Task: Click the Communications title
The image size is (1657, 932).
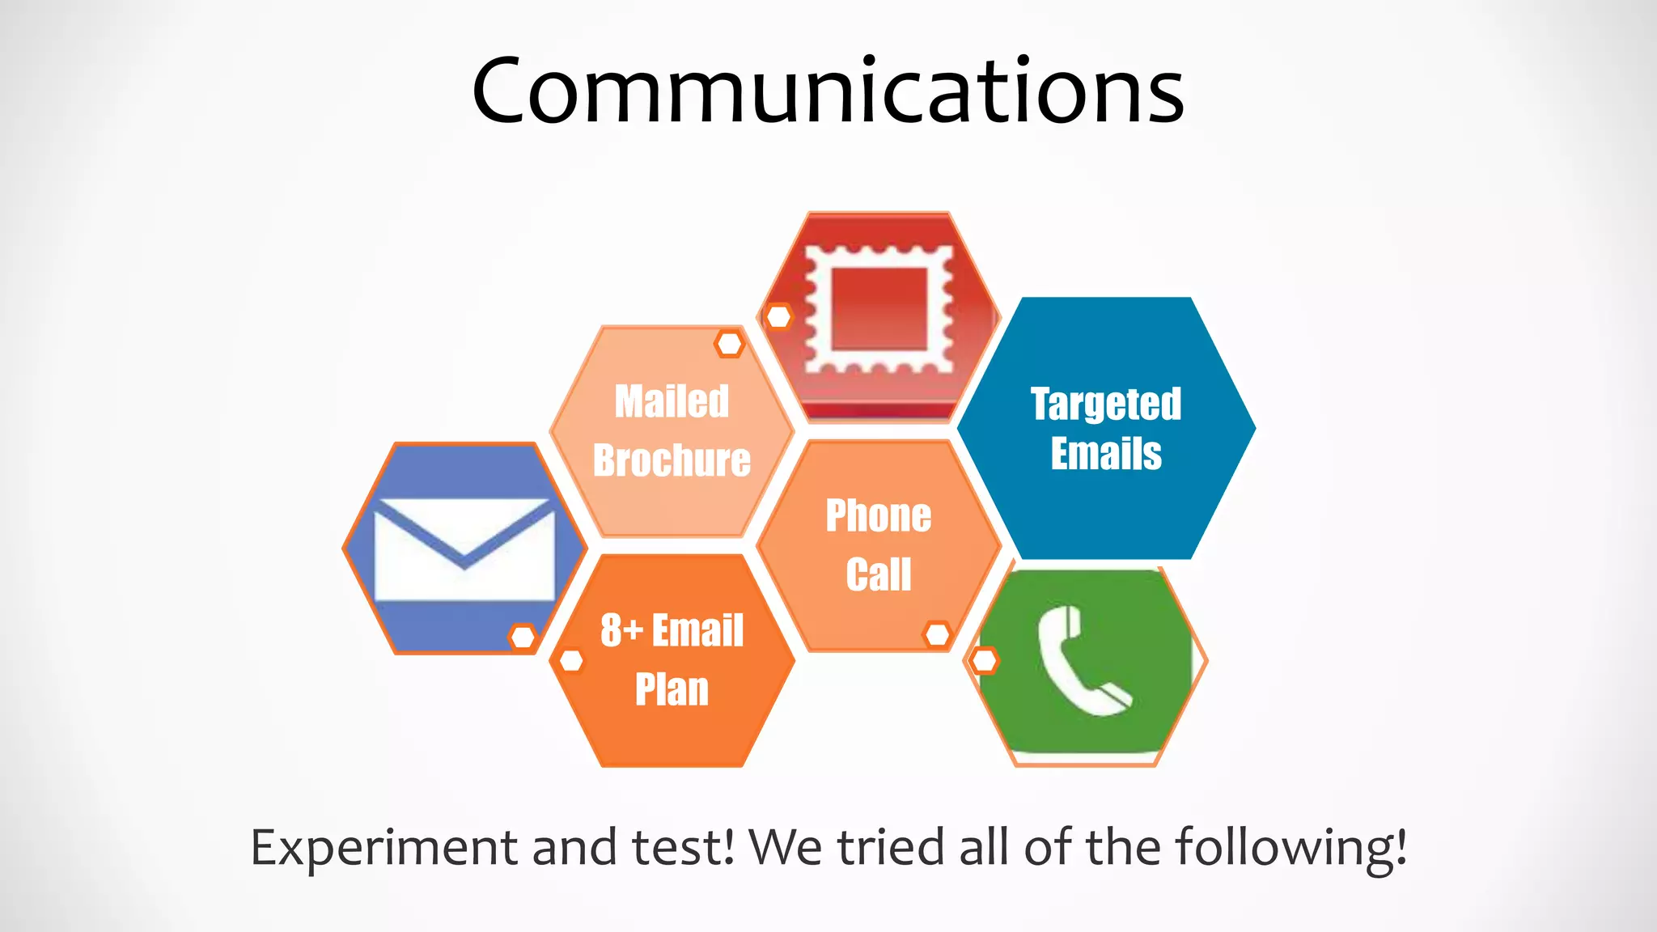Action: (x=828, y=91)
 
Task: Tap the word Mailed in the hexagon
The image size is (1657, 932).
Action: (x=672, y=402)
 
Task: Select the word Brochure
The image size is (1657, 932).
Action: (x=672, y=460)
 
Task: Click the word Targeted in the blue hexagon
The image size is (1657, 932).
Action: (x=1106, y=404)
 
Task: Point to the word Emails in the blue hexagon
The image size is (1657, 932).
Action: (x=1106, y=453)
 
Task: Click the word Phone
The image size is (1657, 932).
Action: (x=879, y=516)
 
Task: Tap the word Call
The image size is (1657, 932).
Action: (x=879, y=574)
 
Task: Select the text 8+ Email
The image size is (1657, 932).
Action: (x=672, y=630)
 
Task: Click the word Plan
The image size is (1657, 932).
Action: (x=672, y=689)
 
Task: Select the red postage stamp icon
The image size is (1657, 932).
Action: (x=879, y=310)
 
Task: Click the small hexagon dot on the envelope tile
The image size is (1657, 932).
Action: (x=523, y=637)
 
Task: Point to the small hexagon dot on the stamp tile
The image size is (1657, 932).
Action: (x=778, y=316)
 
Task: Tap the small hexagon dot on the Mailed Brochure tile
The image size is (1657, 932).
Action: (x=729, y=344)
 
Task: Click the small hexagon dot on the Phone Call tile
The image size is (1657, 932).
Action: (x=937, y=634)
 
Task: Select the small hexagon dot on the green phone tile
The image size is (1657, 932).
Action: (x=984, y=660)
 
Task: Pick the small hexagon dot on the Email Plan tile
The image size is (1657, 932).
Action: (x=571, y=660)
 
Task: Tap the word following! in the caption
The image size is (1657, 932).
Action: (x=1290, y=849)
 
